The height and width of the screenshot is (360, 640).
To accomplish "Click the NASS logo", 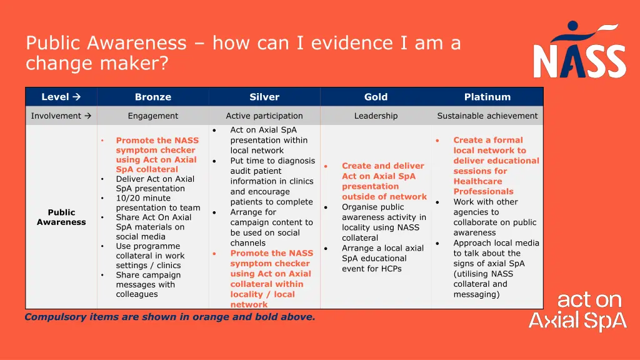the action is (579, 49).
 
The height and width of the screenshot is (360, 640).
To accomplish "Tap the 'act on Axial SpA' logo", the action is (577, 311).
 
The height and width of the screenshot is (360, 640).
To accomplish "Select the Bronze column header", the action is (153, 97).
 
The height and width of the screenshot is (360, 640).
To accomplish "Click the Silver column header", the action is (264, 97).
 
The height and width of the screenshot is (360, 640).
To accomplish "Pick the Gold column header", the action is (376, 97).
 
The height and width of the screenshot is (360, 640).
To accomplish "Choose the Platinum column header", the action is (487, 97).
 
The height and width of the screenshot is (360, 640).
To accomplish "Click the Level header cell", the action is (61, 97).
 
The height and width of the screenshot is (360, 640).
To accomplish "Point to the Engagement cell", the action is (153, 116).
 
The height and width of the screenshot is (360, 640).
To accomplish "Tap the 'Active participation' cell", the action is (264, 116).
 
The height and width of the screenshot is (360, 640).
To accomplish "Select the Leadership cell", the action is (376, 116).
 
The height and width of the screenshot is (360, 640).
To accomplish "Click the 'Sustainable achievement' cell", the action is (487, 116).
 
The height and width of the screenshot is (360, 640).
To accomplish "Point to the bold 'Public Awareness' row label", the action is (61, 217).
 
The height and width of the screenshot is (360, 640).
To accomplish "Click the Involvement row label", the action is (61, 116).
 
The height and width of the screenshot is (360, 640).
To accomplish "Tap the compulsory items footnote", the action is (170, 317).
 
